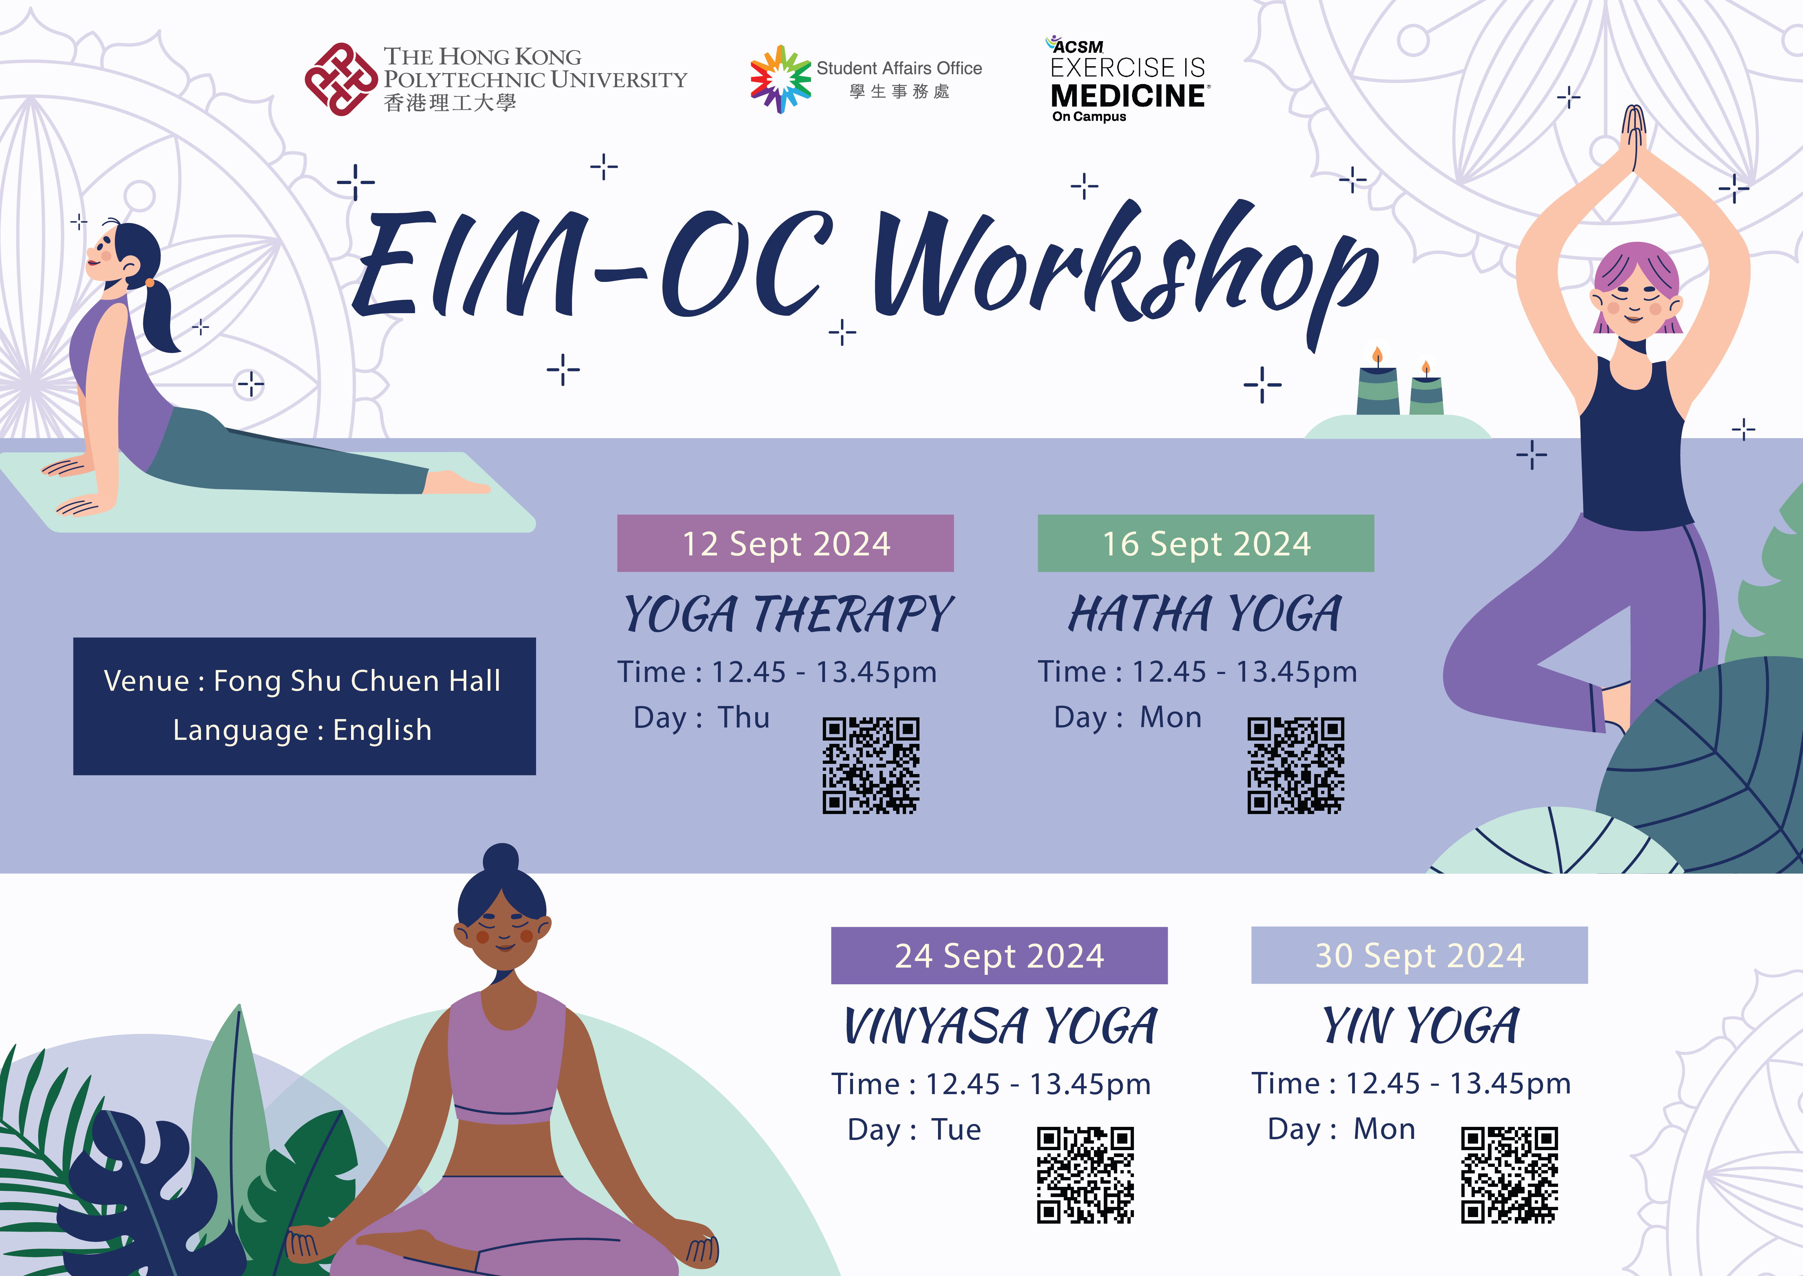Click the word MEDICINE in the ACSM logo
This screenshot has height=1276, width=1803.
1129,96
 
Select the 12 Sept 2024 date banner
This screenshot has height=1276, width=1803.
785,543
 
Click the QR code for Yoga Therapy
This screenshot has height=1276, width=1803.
871,765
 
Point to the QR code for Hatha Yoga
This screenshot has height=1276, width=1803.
1296,765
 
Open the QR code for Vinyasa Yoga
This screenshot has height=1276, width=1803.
1085,1176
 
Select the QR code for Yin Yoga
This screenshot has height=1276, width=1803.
1509,1176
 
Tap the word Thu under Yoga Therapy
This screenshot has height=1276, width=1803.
744,717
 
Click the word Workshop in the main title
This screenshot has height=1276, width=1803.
1127,267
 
